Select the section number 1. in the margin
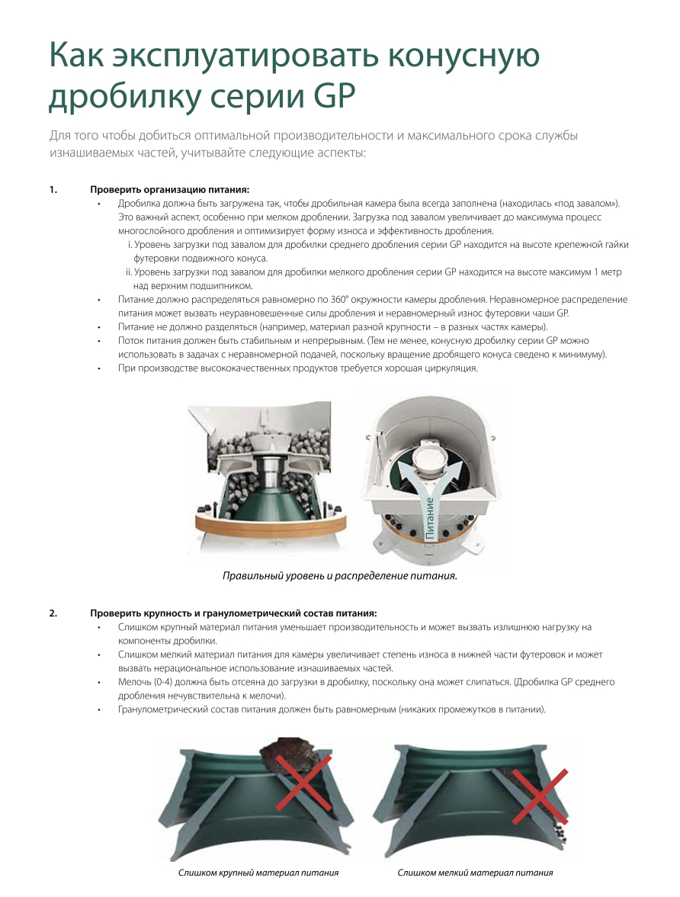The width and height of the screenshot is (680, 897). [x=53, y=190]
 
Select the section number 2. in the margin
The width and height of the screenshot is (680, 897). [x=53, y=613]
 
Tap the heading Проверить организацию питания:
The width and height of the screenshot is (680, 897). [x=169, y=190]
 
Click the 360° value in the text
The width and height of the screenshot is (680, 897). [x=340, y=299]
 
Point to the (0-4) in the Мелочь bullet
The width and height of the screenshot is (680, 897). [x=163, y=682]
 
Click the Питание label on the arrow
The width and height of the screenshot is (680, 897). [x=429, y=519]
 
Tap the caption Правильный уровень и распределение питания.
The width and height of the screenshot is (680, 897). [x=340, y=575]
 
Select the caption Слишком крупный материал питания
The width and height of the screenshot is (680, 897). [x=258, y=873]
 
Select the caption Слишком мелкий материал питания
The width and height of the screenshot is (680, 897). [x=475, y=873]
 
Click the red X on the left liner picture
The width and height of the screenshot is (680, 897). [x=303, y=782]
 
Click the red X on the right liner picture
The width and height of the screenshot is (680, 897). [x=539, y=796]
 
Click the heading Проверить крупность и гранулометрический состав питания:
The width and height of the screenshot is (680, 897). [x=233, y=613]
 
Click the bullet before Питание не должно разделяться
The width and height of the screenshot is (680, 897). [x=99, y=327]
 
